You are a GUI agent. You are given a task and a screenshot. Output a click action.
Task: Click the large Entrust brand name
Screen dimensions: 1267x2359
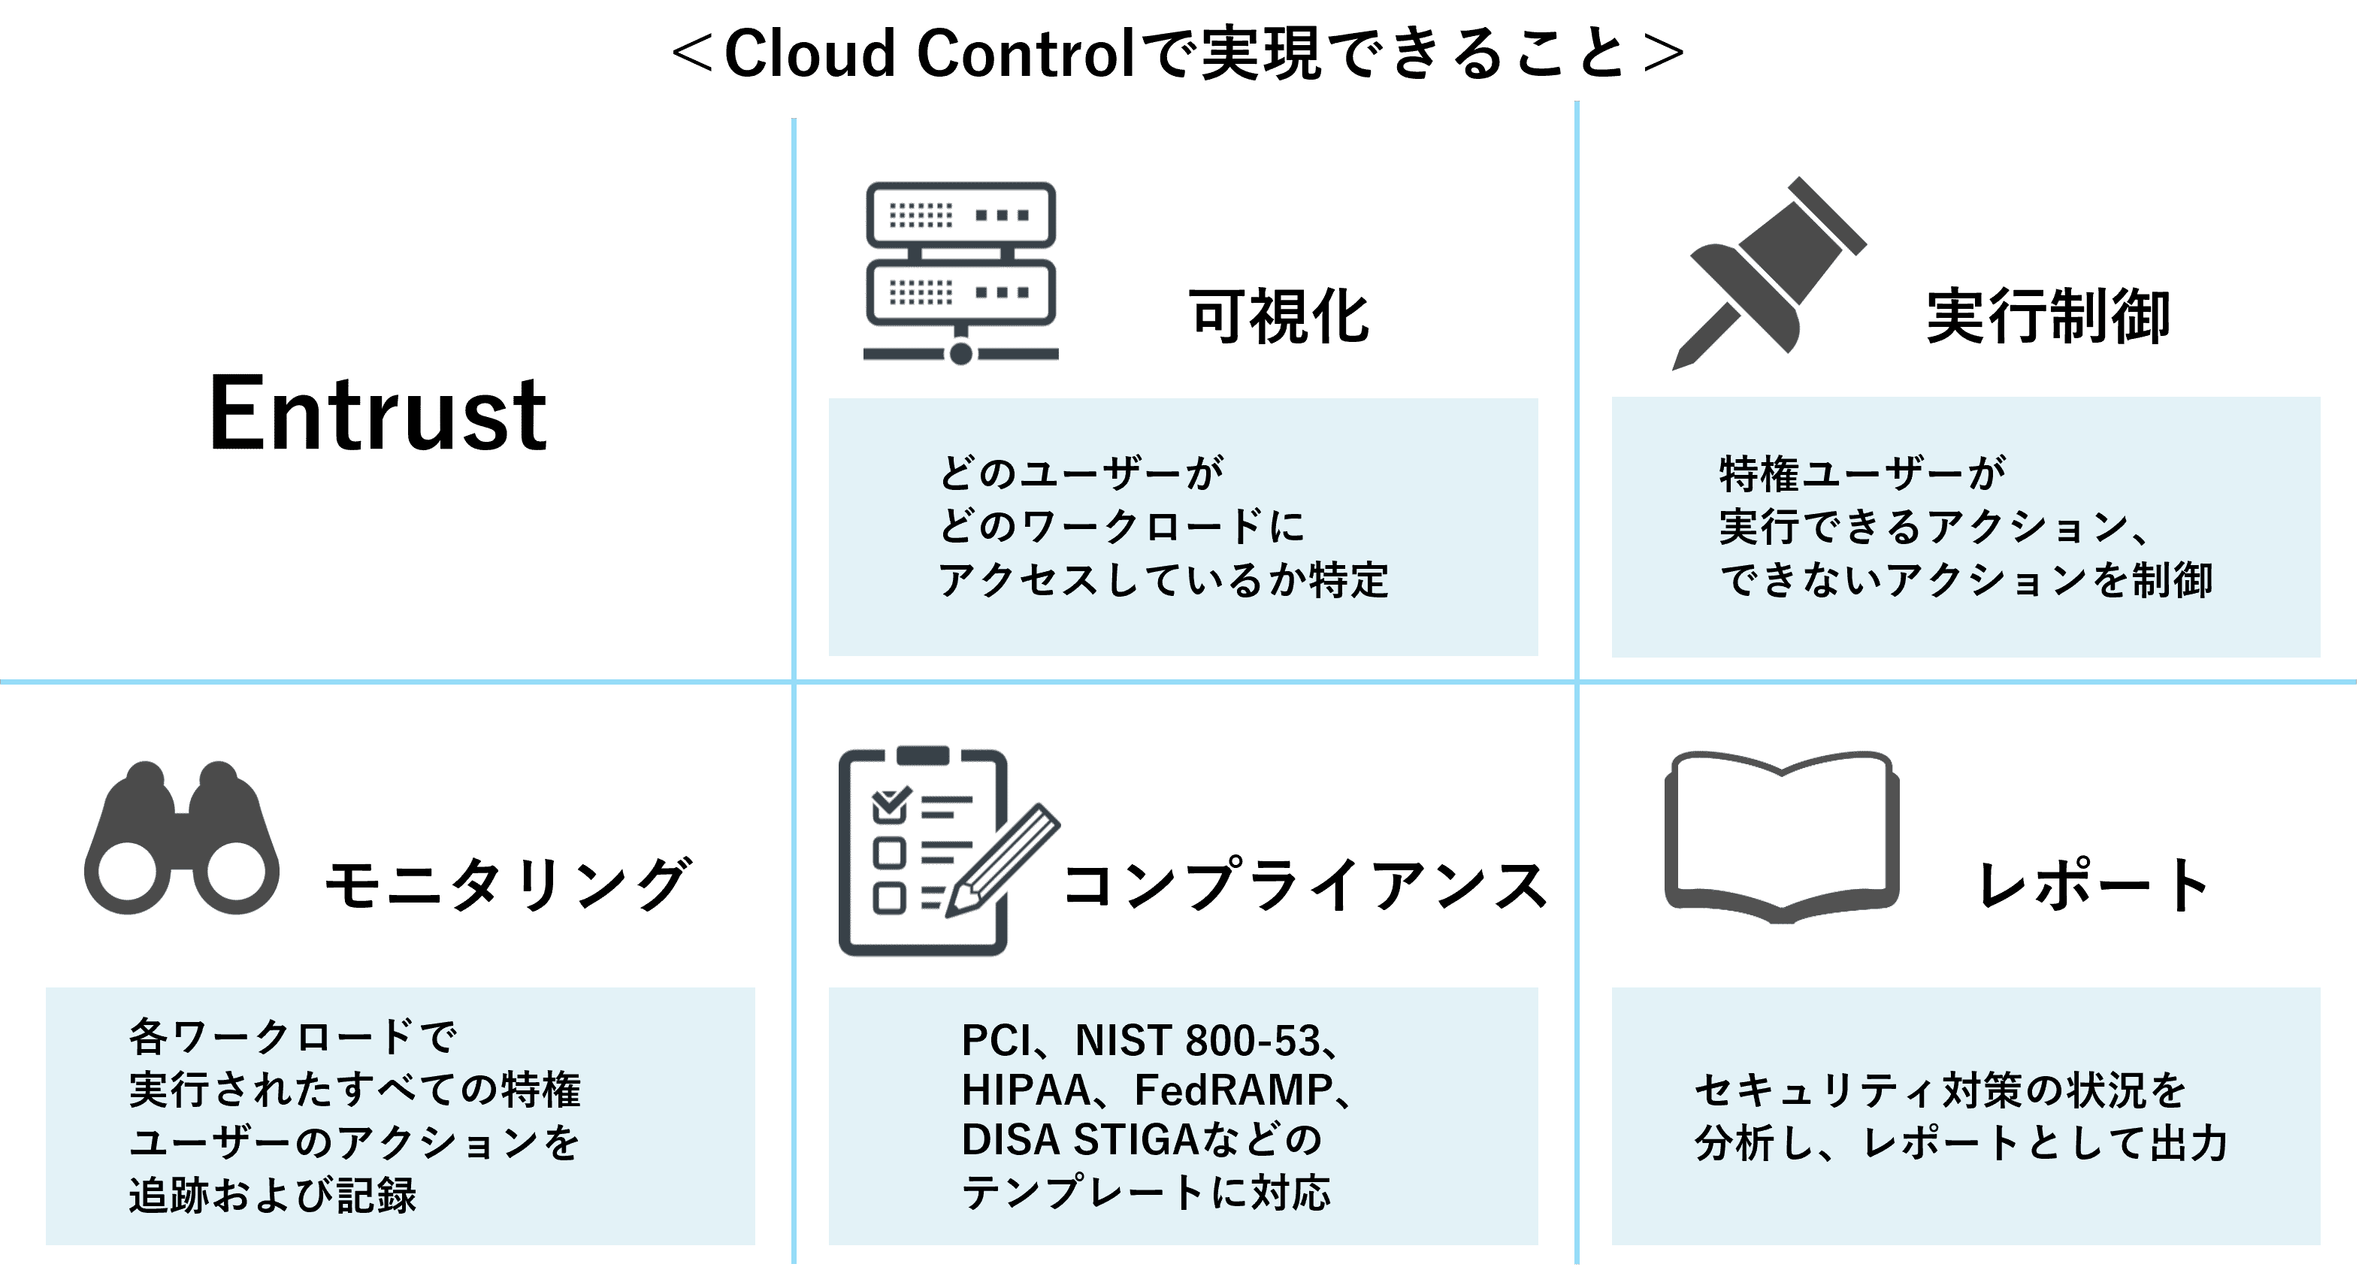[x=378, y=414]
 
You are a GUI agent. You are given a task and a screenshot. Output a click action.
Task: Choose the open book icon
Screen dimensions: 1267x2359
[x=1781, y=838]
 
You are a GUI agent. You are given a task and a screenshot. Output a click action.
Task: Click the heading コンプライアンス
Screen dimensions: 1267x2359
[x=1305, y=885]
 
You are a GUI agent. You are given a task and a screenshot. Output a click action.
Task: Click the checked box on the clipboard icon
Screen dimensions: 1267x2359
[x=890, y=804]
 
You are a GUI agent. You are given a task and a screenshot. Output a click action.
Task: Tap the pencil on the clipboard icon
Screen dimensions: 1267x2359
[x=1002, y=860]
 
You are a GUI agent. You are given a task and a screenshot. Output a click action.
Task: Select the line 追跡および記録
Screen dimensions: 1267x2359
[x=273, y=1196]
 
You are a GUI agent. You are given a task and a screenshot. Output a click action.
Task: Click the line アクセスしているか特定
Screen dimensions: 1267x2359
[x=1163, y=579]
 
